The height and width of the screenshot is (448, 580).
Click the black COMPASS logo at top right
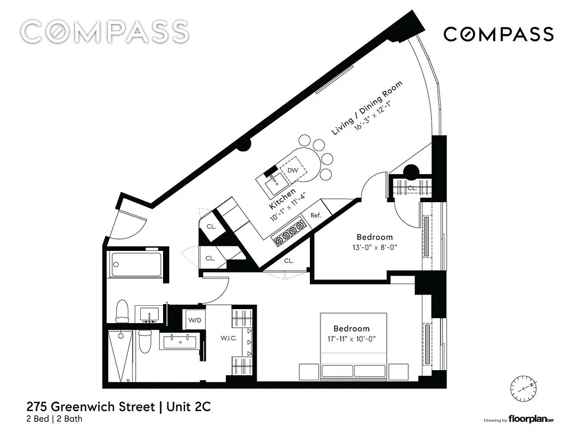(x=498, y=34)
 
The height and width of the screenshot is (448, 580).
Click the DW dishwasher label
(x=293, y=170)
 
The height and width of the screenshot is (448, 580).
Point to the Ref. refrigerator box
(x=315, y=216)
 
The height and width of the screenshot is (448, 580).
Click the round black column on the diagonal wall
(x=243, y=145)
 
